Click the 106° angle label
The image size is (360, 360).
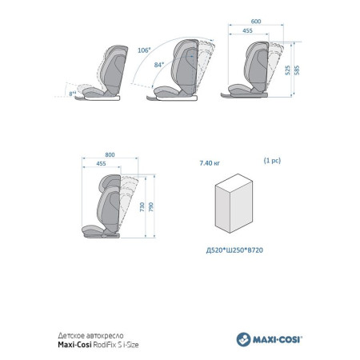click(x=144, y=50)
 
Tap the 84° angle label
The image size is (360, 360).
click(x=159, y=65)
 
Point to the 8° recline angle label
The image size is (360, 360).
click(x=73, y=94)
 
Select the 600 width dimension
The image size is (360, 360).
click(x=256, y=22)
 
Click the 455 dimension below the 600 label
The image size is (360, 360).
click(x=247, y=30)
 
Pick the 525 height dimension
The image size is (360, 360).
click(x=287, y=70)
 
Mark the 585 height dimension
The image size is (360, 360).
click(x=297, y=70)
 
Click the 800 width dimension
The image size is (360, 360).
click(x=110, y=154)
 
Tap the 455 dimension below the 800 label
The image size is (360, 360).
click(x=101, y=164)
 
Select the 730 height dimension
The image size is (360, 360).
click(x=142, y=207)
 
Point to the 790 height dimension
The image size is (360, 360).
click(x=151, y=207)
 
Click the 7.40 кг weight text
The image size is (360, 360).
click(x=210, y=163)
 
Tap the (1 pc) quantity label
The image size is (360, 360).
click(x=272, y=161)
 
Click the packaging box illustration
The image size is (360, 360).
click(x=234, y=203)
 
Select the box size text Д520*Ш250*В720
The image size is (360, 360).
click(x=234, y=250)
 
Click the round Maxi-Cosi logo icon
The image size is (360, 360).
click(x=243, y=339)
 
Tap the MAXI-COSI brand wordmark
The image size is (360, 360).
click(x=278, y=340)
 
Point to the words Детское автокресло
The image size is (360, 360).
click(x=90, y=335)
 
